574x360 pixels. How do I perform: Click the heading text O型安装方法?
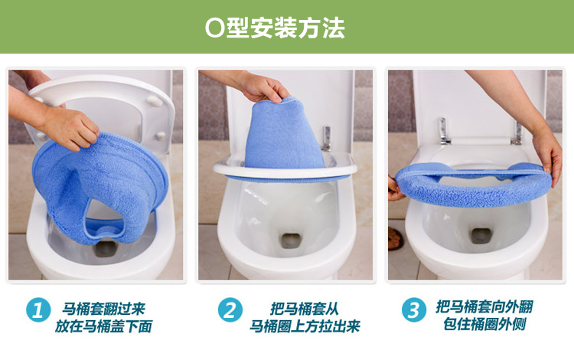coord(275,28)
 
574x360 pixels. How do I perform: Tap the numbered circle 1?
coord(38,309)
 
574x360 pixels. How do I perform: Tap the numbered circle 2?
coord(230,309)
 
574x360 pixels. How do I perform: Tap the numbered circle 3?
coord(413,309)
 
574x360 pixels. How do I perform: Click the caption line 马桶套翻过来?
coord(103,309)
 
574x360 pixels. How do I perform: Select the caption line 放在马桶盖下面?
coord(103,326)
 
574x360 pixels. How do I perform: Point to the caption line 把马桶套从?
coord(305,309)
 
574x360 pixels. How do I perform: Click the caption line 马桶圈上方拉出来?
coord(305,326)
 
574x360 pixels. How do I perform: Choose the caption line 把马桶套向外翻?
coord(484,306)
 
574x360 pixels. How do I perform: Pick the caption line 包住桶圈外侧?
coord(484,324)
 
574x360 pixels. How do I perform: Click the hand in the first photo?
coord(70,128)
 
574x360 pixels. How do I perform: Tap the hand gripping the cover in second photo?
coord(264,88)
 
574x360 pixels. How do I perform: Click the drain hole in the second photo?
coord(292,241)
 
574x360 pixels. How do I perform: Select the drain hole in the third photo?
coord(481,236)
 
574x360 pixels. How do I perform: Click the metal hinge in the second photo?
coord(327,138)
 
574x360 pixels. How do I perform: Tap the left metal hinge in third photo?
coord(444,130)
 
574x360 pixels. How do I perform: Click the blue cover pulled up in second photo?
coord(284,136)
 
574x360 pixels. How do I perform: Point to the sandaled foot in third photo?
coord(395,239)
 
